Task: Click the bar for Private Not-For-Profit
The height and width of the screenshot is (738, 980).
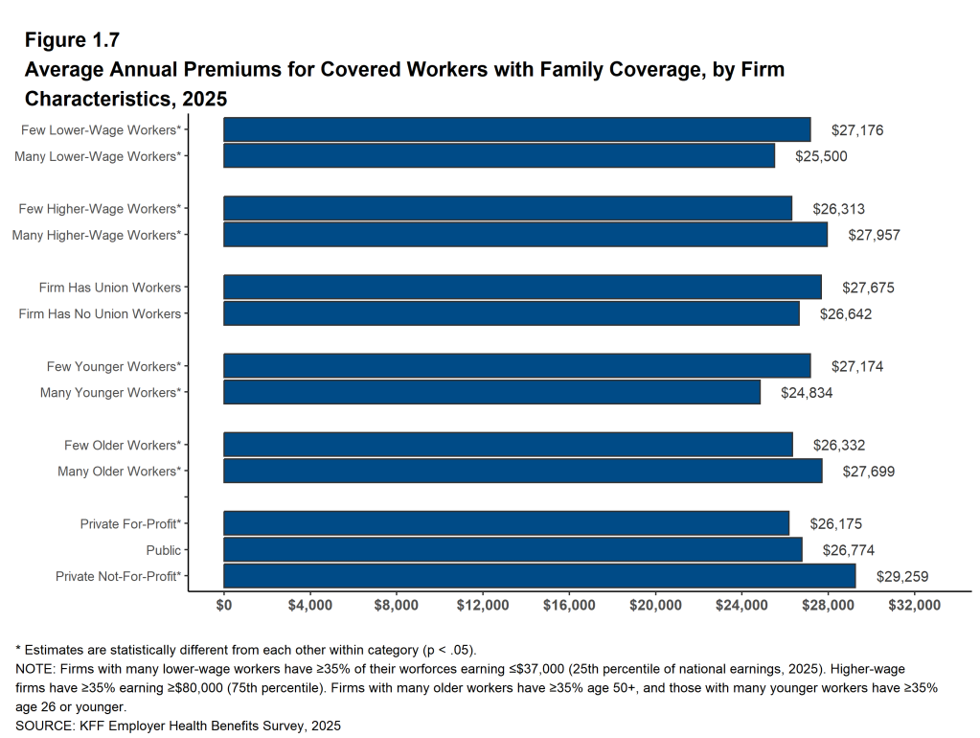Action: [539, 576]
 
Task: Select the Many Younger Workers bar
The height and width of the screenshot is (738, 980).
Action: [491, 392]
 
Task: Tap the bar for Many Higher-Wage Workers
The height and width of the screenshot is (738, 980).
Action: [525, 235]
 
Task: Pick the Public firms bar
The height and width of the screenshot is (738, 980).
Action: [513, 550]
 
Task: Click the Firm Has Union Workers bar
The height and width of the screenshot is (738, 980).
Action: [522, 288]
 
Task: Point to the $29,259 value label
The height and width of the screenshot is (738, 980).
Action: [902, 576]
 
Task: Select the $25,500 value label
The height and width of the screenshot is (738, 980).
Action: [821, 156]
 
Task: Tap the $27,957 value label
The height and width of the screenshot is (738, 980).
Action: [874, 235]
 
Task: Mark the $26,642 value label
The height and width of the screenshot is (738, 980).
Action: [846, 313]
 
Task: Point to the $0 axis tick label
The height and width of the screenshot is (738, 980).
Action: [224, 606]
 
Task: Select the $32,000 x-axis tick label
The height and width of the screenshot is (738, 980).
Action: [915, 606]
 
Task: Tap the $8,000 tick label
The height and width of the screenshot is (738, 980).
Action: [397, 606]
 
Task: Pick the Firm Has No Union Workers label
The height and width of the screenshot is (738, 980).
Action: [100, 313]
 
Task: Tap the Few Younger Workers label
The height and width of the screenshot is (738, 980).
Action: [114, 366]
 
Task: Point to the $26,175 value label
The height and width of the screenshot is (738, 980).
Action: [836, 524]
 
